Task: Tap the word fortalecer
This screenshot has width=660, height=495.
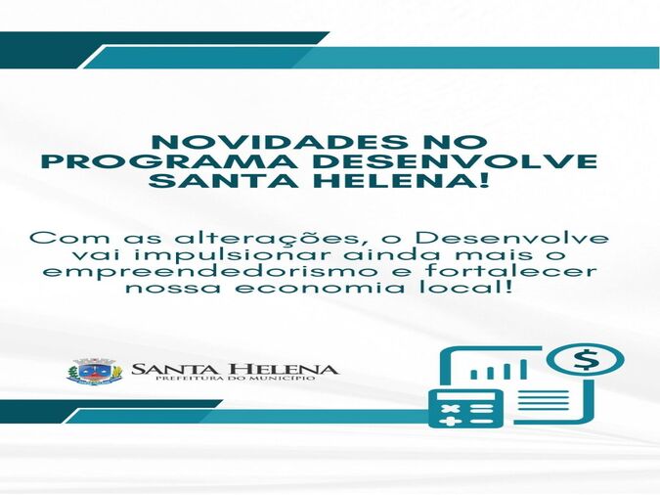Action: [510, 270]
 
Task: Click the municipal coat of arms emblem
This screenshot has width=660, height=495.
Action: [95, 371]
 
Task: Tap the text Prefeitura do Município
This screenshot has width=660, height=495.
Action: [235, 379]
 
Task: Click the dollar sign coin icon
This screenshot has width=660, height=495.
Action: [585, 361]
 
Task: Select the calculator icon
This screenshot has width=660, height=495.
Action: [466, 408]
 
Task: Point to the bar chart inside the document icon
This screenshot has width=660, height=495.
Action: [499, 370]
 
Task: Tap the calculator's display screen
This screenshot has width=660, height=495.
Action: [466, 396]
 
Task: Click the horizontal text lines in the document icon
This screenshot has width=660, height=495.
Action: [544, 400]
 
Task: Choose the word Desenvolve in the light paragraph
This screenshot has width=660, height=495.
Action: [511, 238]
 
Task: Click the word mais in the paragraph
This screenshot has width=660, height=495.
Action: [501, 255]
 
